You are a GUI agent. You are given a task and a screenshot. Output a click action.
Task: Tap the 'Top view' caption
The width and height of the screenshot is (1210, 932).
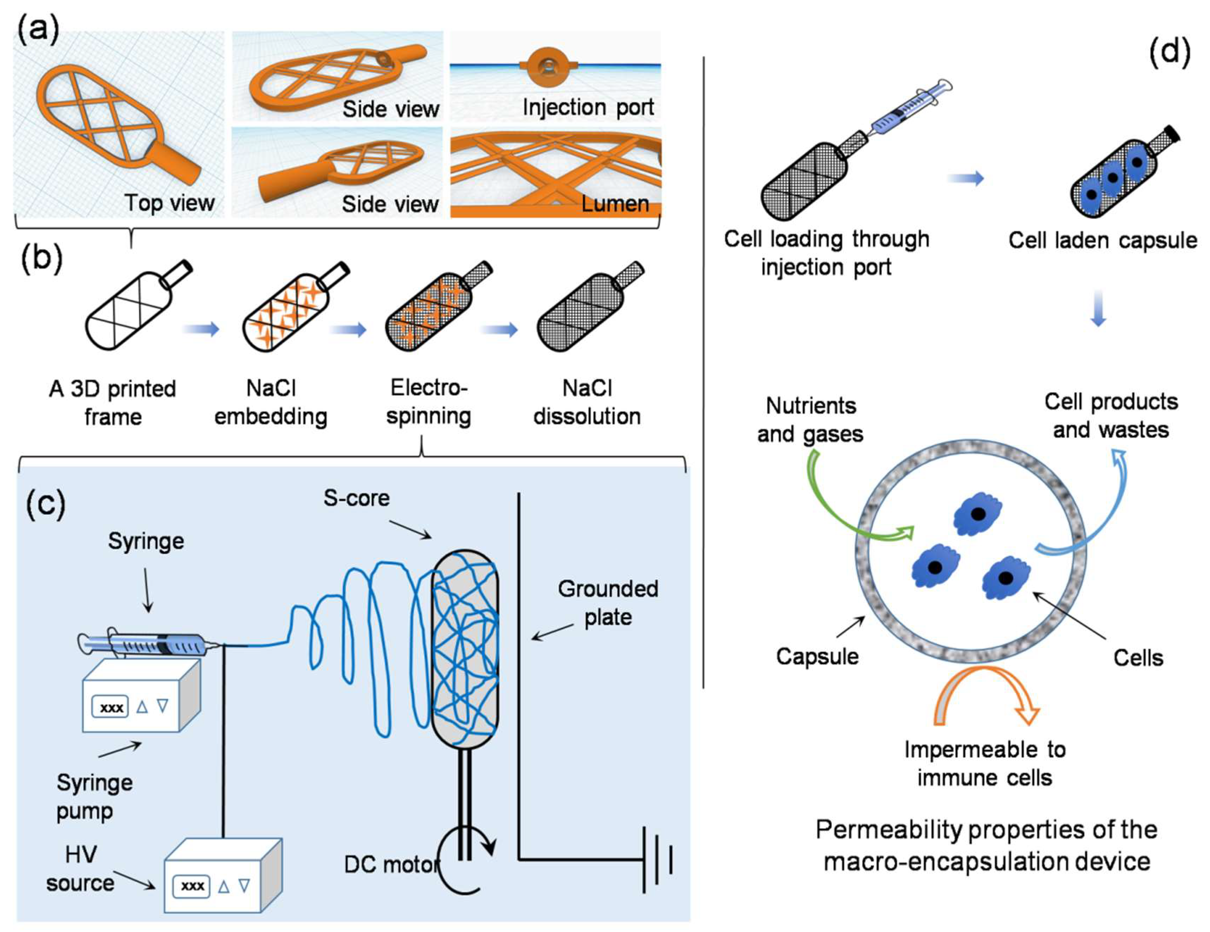click(x=169, y=203)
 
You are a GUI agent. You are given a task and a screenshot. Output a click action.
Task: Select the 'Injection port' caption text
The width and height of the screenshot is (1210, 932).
click(x=588, y=107)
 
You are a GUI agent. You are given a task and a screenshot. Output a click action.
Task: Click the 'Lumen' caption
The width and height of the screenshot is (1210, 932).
click(x=615, y=204)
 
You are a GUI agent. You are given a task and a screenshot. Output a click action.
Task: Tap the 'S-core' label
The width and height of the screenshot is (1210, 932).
click(x=356, y=498)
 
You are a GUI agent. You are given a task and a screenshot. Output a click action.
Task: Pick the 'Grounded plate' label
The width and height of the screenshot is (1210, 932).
click(x=608, y=603)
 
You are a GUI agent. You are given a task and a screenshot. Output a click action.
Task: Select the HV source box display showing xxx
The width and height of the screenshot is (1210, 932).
click(x=192, y=886)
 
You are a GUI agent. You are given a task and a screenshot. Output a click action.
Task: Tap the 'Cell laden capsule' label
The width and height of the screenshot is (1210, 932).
click(x=1103, y=240)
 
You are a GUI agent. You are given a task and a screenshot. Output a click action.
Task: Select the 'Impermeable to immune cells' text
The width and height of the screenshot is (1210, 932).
click(x=984, y=764)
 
